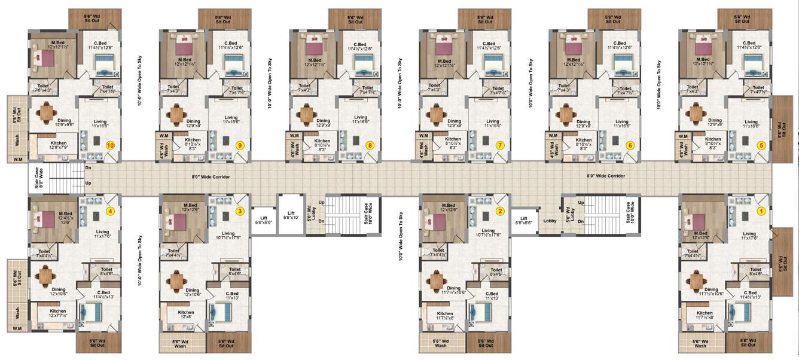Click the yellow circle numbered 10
coord(109,145)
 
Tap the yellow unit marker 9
coord(240,145)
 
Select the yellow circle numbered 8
coord(370,145)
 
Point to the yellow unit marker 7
coord(501,145)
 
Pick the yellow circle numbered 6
coord(630,145)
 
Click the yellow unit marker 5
coord(761,145)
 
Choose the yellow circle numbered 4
coord(109,210)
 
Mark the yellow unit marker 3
coord(240,210)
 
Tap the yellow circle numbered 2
coord(501,210)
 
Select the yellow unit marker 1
coord(761,210)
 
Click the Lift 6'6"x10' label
coord(291,215)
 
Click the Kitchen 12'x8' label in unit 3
coord(186,315)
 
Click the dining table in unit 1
coord(697,279)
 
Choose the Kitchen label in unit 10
coord(58,147)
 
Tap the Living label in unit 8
coord(360,120)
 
